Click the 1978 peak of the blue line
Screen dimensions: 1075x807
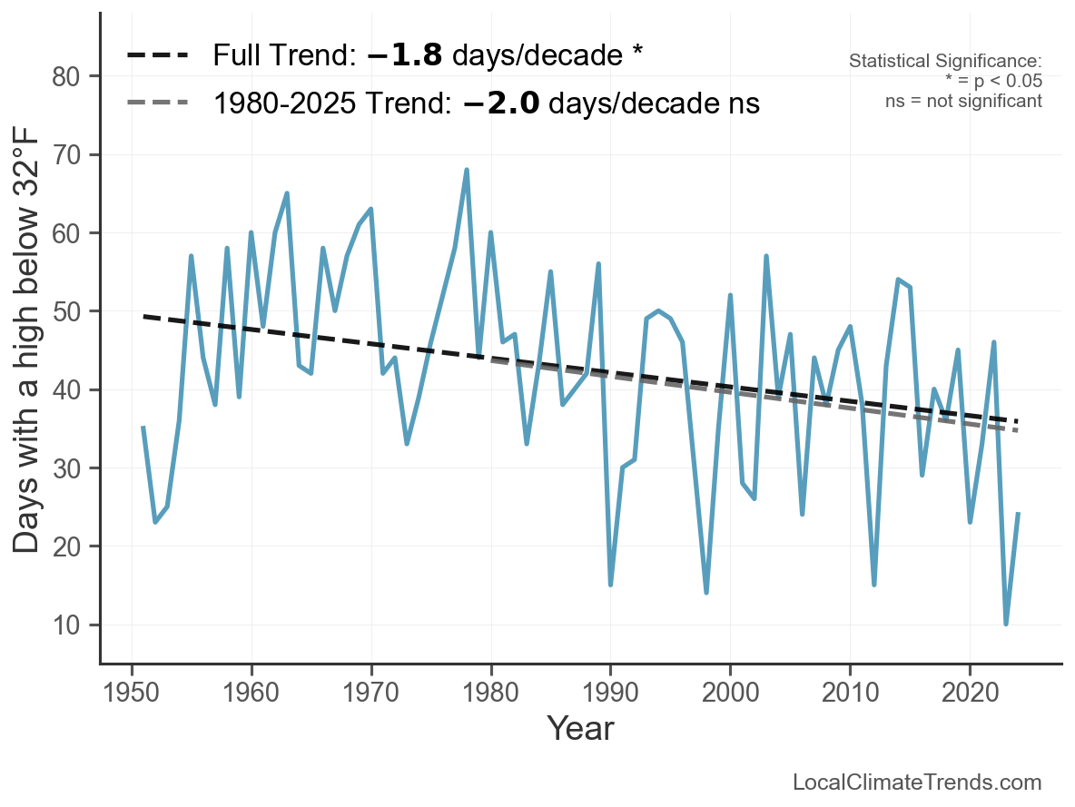click(x=467, y=170)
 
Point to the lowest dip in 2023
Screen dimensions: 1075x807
click(x=1006, y=624)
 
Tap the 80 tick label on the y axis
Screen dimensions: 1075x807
click(x=65, y=76)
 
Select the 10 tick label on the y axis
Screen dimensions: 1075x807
click(x=65, y=625)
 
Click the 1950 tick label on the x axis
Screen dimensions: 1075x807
click(x=131, y=692)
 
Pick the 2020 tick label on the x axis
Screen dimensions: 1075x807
click(x=970, y=692)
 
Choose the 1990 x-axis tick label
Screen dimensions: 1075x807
click(x=610, y=692)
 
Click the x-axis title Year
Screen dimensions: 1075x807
click(x=581, y=728)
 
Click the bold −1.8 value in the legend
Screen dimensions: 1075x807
click(x=405, y=55)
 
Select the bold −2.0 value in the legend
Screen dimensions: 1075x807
click(x=501, y=103)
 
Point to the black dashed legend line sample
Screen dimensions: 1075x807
click(x=158, y=54)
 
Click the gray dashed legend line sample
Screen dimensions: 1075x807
click(x=158, y=103)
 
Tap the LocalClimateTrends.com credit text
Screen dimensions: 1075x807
click(x=917, y=782)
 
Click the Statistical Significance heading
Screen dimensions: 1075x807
click(x=945, y=61)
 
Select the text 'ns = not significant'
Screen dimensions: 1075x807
click(x=963, y=102)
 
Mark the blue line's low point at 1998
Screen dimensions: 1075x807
click(x=706, y=592)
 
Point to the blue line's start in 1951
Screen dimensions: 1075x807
click(x=143, y=428)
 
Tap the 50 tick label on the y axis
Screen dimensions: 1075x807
click(x=65, y=311)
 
